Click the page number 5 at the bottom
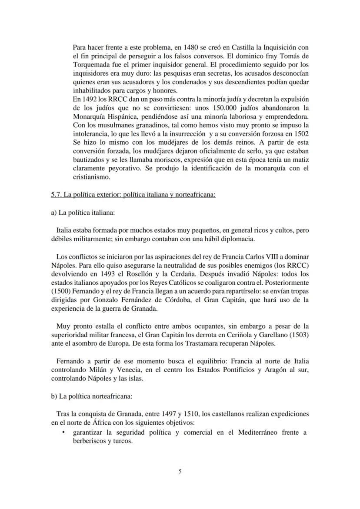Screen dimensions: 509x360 coord(180,471)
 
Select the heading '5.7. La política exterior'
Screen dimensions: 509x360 coord(133,195)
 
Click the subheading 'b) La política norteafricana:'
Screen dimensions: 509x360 coord(89,397)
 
